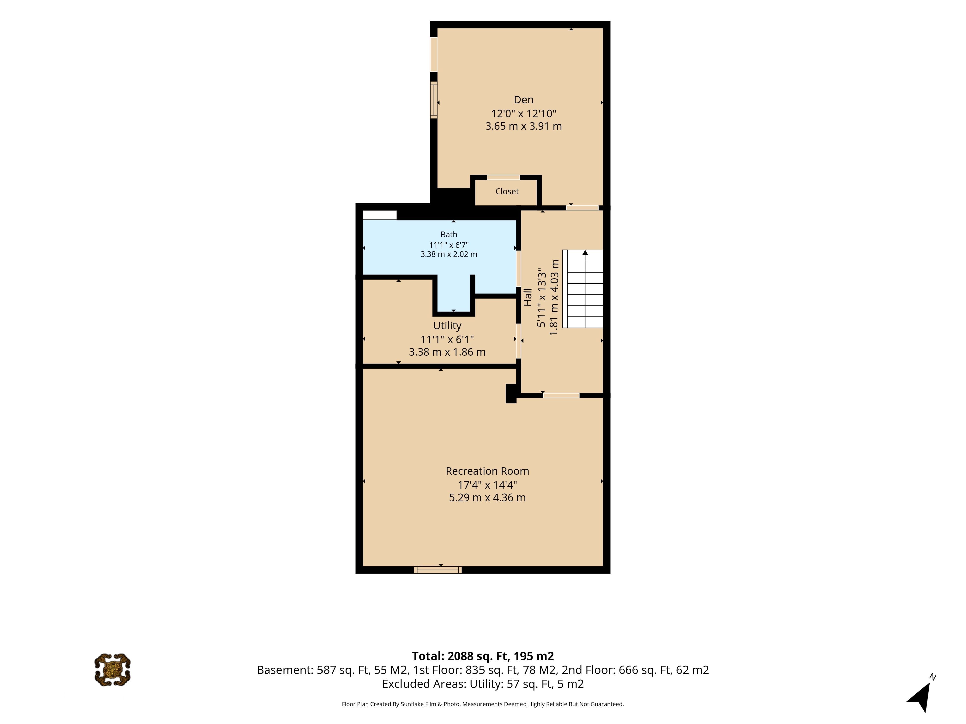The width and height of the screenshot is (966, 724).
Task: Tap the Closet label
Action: (507, 191)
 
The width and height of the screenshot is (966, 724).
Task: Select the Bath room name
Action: (449, 234)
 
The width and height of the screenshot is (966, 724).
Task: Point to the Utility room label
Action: (447, 326)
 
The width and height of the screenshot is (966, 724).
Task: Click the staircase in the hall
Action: (583, 289)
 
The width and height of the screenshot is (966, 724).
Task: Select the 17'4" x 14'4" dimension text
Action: (487, 485)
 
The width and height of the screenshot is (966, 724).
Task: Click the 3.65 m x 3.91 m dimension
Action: (523, 126)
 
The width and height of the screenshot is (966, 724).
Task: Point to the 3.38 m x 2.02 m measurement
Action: (449, 254)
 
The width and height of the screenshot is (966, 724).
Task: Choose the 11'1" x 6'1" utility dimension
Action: (447, 339)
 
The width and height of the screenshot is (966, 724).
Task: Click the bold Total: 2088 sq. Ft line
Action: (483, 656)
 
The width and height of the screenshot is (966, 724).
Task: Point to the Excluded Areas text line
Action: (483, 684)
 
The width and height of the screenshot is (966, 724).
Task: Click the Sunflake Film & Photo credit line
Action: (483, 704)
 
